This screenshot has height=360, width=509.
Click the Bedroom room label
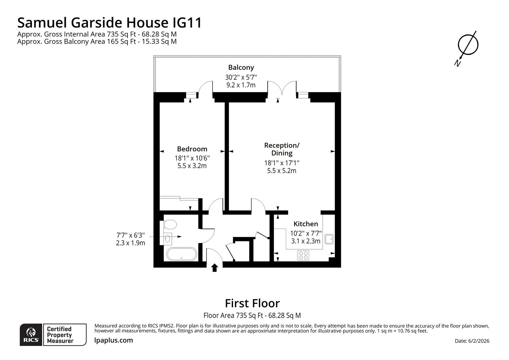(192, 149)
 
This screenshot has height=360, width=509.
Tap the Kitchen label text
(305, 224)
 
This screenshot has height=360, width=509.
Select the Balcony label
(241, 67)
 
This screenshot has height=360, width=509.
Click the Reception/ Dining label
(282, 149)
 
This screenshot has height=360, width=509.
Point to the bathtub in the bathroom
(182, 254)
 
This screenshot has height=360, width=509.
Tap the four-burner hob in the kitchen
(303, 255)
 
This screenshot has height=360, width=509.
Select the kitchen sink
(329, 239)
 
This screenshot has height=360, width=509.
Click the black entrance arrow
(215, 267)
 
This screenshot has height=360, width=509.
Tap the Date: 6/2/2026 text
(472, 341)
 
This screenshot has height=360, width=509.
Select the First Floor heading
(252, 303)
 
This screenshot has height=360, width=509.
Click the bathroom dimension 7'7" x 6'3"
(131, 235)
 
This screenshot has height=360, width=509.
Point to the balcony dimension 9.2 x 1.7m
(241, 85)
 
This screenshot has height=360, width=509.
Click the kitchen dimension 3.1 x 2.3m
(305, 241)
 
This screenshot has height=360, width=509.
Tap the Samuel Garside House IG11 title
(110, 23)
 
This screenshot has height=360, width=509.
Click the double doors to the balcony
(281, 88)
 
